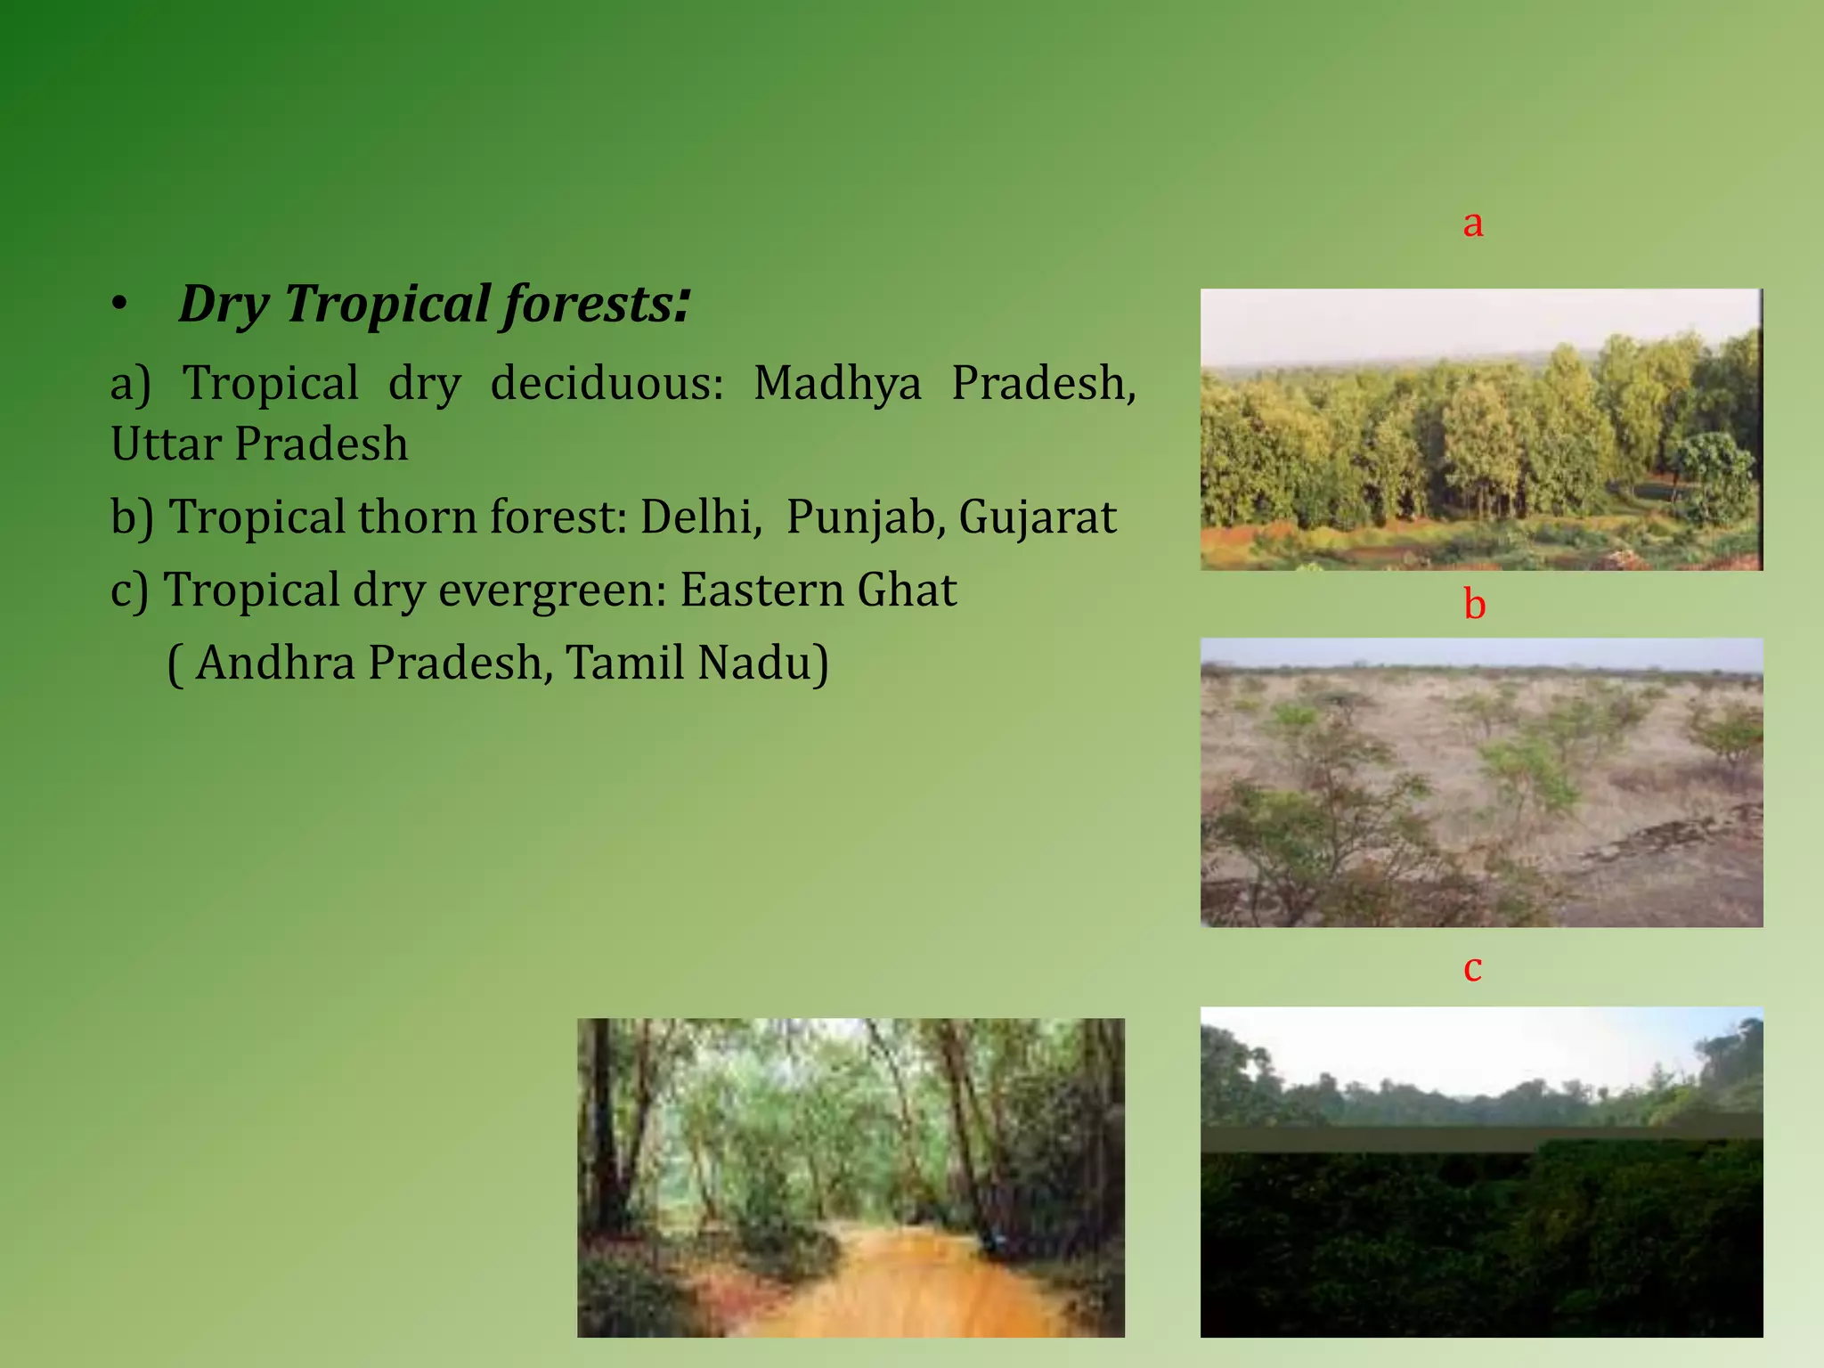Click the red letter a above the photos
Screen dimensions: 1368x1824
coord(1473,224)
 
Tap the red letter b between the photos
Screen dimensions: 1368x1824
coord(1475,605)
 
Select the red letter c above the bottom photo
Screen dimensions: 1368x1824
coord(1473,968)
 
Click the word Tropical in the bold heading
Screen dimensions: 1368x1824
coord(387,304)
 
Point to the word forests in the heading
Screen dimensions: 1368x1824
coord(588,304)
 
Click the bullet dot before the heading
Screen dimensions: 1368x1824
coord(119,305)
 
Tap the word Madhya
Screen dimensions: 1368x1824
coord(837,383)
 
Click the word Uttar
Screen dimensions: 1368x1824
coord(166,444)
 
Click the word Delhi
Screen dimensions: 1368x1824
coord(700,517)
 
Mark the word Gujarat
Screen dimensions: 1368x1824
coord(1037,517)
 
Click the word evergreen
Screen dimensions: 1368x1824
coord(552,590)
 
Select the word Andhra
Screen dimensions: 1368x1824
coord(275,663)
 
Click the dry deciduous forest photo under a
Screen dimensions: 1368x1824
coord(1481,429)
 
